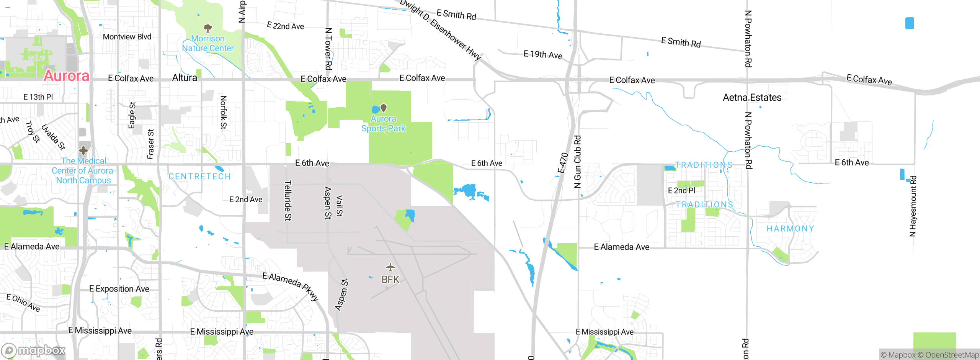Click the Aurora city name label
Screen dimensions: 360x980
(x=66, y=76)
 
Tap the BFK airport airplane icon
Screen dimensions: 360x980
(x=390, y=267)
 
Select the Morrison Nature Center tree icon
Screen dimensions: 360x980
(x=208, y=28)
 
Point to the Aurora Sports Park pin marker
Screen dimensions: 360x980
(x=383, y=108)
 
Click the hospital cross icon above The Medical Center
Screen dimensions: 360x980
(x=83, y=150)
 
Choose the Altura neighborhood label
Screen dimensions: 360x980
(x=185, y=78)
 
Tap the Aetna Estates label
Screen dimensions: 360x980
(x=752, y=98)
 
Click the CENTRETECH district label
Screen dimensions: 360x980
(x=200, y=177)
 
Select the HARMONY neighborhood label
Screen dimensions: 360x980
(x=790, y=229)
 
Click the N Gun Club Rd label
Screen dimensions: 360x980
(x=577, y=162)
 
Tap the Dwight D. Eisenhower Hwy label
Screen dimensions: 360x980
(x=440, y=29)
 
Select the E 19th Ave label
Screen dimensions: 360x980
(x=543, y=55)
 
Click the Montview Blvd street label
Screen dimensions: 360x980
(x=127, y=37)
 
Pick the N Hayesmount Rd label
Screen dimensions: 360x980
(x=913, y=206)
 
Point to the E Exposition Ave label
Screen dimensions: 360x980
(x=119, y=289)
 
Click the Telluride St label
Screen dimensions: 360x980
(x=288, y=201)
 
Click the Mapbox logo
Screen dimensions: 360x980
(x=33, y=350)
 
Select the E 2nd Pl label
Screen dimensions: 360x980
(x=681, y=190)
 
